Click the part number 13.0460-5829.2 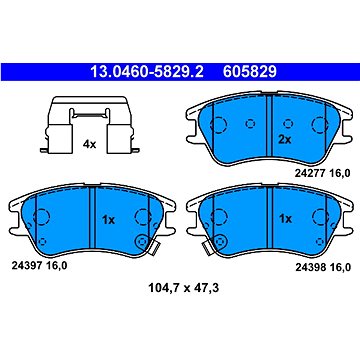(x=147, y=72)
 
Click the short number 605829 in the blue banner (x=250, y=72)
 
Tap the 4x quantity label (x=89, y=144)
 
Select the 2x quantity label (x=285, y=140)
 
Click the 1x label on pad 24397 (x=108, y=220)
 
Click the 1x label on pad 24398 (x=285, y=219)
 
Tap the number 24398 (x=309, y=267)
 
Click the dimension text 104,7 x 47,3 (x=184, y=287)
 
